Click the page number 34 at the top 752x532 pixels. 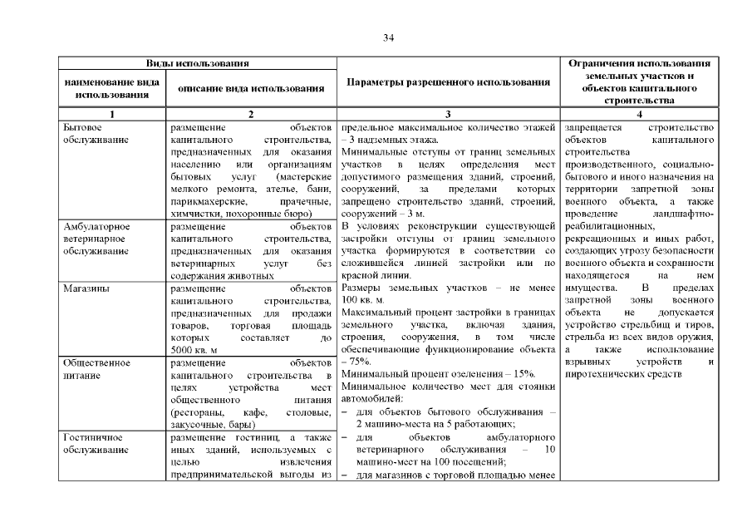pyautogui.click(x=387, y=37)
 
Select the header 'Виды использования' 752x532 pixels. pyautogui.click(x=198, y=63)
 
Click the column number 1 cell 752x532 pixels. pyautogui.click(x=111, y=113)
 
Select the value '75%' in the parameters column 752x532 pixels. pyautogui.click(x=359, y=362)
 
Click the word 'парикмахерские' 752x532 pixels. pyautogui.click(x=207, y=202)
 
